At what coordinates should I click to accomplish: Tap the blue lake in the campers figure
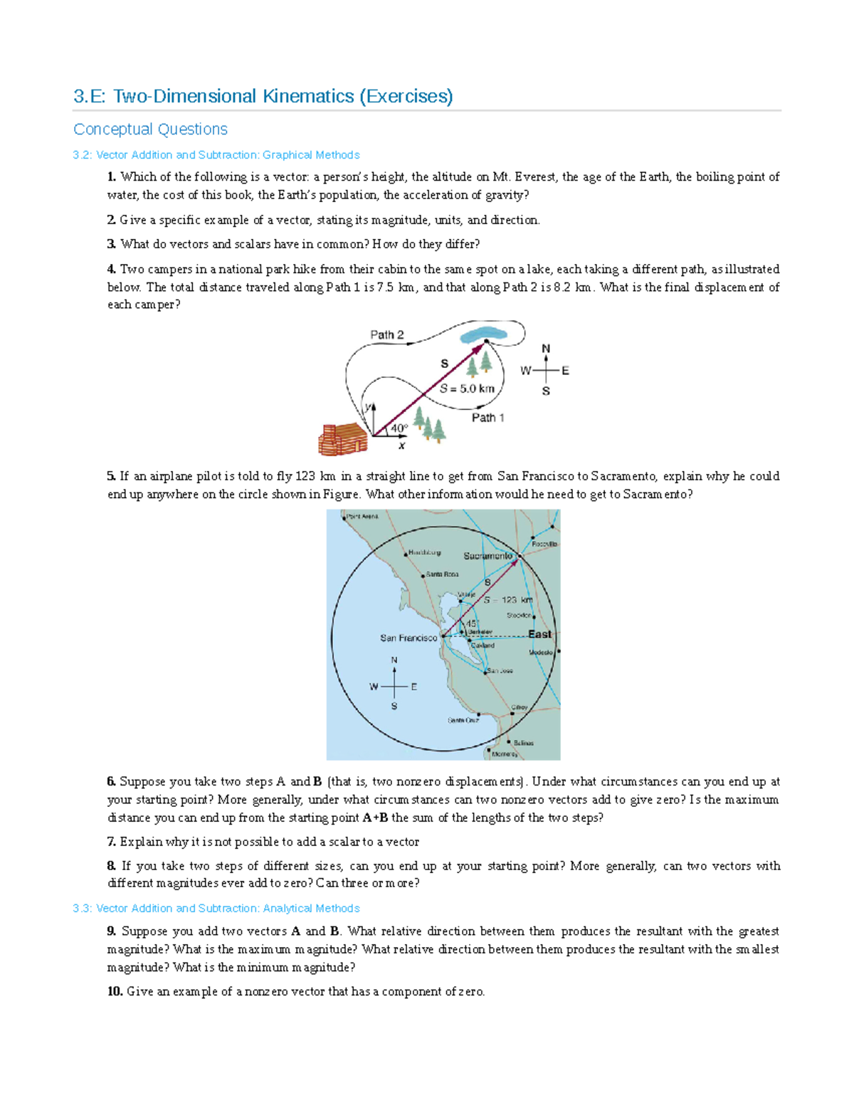(x=484, y=333)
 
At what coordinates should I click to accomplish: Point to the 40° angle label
(x=399, y=428)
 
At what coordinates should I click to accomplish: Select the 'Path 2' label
(x=386, y=334)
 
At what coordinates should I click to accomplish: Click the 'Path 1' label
(x=487, y=418)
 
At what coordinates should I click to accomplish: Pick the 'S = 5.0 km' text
(x=466, y=388)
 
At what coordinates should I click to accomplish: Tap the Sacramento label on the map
(x=487, y=556)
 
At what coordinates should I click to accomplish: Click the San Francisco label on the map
(x=408, y=638)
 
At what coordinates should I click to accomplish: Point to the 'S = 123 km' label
(x=508, y=600)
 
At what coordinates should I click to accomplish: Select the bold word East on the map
(x=539, y=634)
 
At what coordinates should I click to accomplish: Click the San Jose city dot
(x=486, y=671)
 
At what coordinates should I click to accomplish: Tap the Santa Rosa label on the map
(x=442, y=574)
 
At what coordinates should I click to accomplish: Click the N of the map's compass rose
(x=394, y=660)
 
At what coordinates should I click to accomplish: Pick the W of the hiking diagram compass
(x=526, y=371)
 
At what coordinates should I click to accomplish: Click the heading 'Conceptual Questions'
(x=150, y=129)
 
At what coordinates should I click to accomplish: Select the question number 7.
(x=111, y=842)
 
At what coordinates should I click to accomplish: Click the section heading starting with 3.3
(x=216, y=909)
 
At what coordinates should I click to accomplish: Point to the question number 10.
(x=115, y=992)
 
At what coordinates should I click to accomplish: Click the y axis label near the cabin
(x=369, y=407)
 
